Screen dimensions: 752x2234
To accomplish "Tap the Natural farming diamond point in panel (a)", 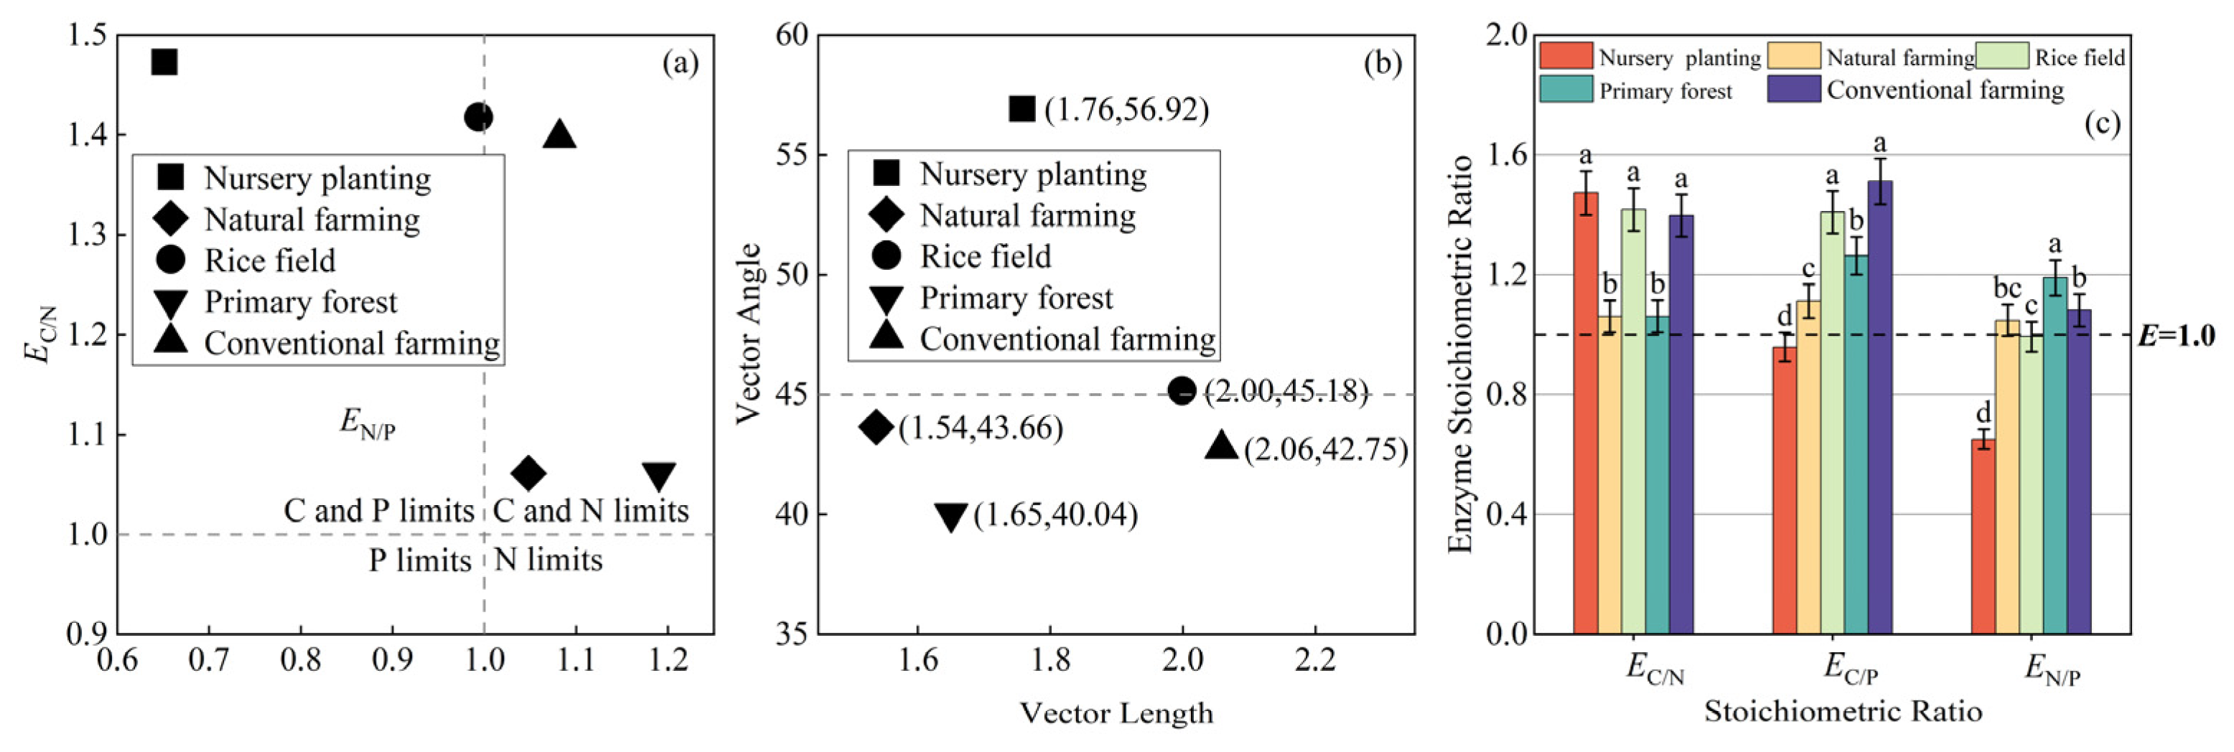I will (528, 473).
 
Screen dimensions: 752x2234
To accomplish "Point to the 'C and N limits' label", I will (591, 511).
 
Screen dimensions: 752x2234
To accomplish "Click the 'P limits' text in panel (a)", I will (420, 560).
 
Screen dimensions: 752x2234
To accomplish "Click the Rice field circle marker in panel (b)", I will (1181, 391).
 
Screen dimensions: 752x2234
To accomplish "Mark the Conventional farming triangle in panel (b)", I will (1222, 446).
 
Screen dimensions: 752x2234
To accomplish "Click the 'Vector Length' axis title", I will (1116, 713).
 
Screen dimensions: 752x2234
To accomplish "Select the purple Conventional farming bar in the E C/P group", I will (1879, 407).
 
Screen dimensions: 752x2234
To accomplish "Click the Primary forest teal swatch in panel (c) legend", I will (1566, 90).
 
